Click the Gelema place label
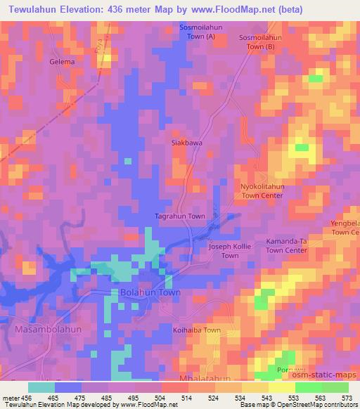point(62,62)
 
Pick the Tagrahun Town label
point(180,216)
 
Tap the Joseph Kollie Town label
point(230,252)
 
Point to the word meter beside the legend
point(12,398)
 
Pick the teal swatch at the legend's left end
point(41,387)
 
